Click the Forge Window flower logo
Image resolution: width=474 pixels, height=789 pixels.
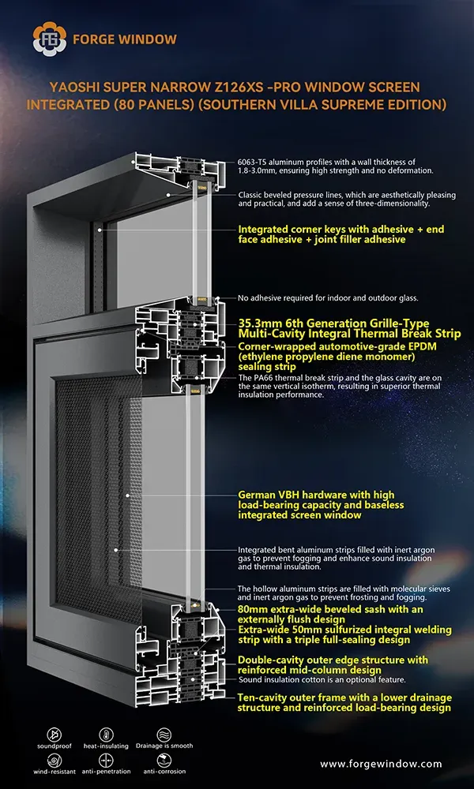pyautogui.click(x=49, y=38)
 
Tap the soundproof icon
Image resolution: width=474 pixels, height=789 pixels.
pyautogui.click(x=54, y=734)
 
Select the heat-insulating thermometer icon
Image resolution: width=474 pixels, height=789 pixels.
pyautogui.click(x=106, y=734)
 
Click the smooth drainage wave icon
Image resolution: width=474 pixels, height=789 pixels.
pyautogui.click(x=164, y=734)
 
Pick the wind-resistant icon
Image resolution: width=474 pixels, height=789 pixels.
pyautogui.click(x=54, y=760)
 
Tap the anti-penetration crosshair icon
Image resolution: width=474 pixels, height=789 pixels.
pyautogui.click(x=106, y=760)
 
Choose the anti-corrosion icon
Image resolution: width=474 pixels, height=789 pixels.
pyautogui.click(x=164, y=760)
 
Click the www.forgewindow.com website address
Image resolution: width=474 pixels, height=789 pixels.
pyautogui.click(x=381, y=764)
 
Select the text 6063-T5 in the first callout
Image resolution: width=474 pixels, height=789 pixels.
pyautogui.click(x=252, y=163)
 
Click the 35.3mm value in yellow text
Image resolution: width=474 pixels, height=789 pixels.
pyautogui.click(x=257, y=323)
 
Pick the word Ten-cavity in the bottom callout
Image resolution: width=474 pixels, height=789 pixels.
pyautogui.click(x=261, y=698)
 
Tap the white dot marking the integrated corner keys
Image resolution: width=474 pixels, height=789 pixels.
pyautogui.click(x=100, y=230)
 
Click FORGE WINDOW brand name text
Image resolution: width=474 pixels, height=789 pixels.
pyautogui.click(x=125, y=39)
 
